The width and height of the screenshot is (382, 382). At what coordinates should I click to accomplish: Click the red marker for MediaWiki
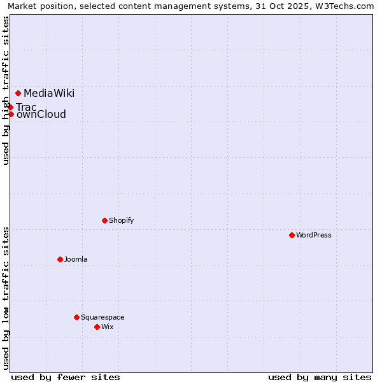(18, 94)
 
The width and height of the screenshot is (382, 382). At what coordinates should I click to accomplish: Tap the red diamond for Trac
(11, 107)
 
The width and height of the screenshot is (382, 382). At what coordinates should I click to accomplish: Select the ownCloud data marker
(11, 115)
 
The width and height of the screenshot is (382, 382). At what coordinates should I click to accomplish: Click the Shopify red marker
(105, 221)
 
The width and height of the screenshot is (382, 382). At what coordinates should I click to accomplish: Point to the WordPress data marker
(292, 236)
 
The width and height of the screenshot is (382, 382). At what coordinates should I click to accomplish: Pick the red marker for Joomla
(60, 260)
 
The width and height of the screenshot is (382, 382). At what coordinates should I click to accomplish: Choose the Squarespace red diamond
(77, 317)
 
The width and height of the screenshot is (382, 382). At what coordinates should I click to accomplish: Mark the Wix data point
(97, 327)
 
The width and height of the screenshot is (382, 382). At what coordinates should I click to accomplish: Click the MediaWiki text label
(49, 94)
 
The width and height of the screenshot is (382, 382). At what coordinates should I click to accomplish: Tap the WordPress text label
(314, 236)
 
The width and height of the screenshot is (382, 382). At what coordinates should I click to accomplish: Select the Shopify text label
(121, 221)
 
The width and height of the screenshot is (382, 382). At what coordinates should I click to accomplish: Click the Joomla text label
(76, 260)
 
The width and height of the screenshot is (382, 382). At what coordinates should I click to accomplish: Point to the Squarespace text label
(103, 318)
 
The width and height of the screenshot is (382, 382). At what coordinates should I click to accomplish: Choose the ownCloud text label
(41, 115)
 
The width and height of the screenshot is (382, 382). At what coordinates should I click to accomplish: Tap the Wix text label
(107, 327)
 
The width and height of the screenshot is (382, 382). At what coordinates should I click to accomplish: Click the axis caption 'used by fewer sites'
(66, 377)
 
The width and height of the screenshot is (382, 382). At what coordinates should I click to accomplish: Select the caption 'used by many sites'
(320, 377)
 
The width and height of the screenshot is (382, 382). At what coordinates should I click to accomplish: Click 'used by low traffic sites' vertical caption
(6, 298)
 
